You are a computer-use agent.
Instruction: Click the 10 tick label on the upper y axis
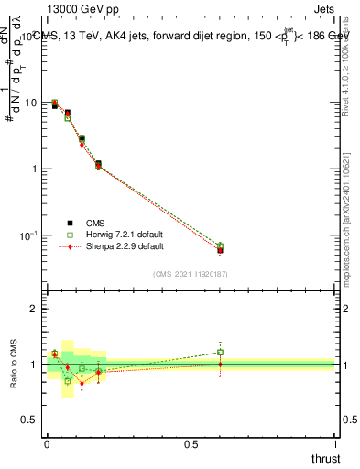coord(31,103)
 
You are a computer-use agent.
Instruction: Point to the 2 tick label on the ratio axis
coord(34,309)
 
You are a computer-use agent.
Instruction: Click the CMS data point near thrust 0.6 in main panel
coord(220,250)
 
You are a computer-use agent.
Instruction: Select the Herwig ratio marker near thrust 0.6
coord(220,352)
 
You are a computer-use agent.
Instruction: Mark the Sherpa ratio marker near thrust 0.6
coord(220,364)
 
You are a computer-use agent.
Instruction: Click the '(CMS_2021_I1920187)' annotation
coord(190,274)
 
